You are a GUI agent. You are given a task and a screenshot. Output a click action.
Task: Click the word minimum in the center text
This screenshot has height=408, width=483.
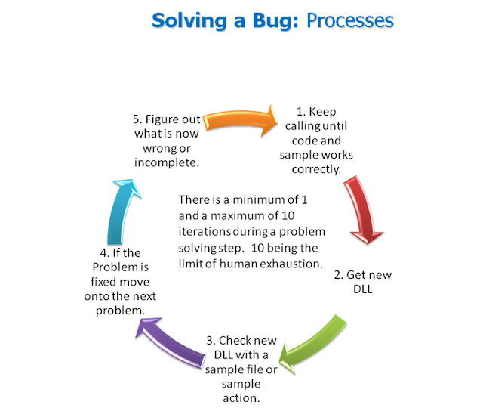(251, 200)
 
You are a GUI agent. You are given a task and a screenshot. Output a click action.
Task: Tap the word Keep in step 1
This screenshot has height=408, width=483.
(319, 112)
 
